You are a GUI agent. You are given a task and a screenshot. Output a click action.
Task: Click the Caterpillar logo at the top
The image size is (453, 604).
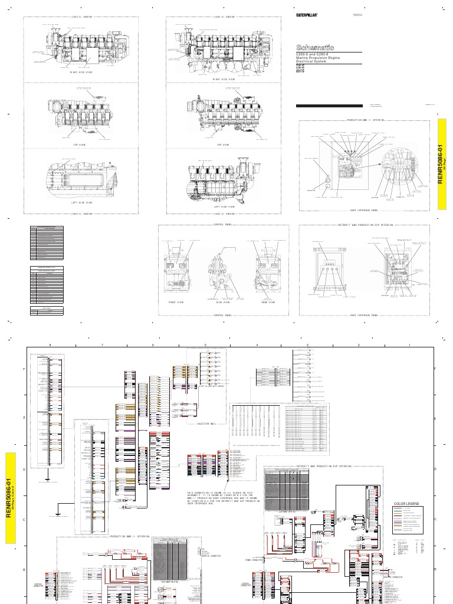pyautogui.click(x=307, y=17)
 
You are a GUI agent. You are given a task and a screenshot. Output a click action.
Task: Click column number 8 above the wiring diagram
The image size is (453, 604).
pyautogui.click(x=51, y=344)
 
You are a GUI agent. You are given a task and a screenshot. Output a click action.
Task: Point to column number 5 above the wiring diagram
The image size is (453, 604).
pyautogui.click(x=205, y=344)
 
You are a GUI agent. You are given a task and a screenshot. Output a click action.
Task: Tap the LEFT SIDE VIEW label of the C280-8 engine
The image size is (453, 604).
pyautogui.click(x=224, y=207)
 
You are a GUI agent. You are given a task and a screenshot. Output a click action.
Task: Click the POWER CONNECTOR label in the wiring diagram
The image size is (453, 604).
pyautogui.click(x=253, y=559)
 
